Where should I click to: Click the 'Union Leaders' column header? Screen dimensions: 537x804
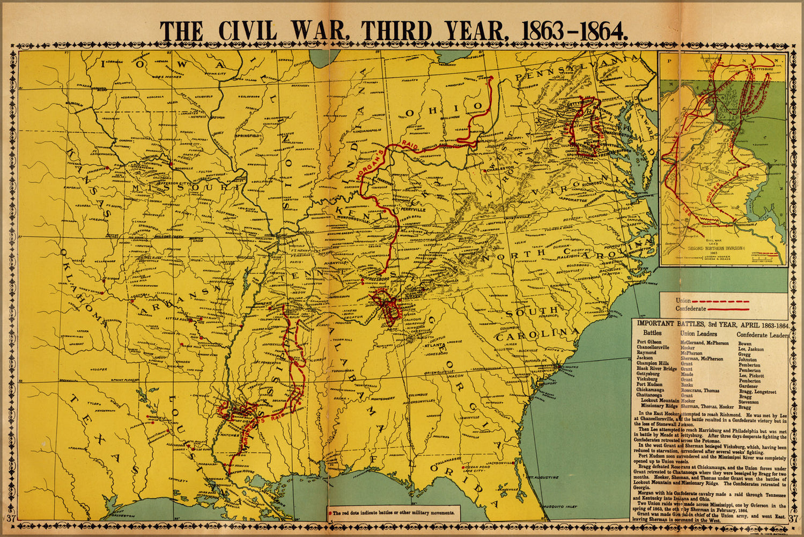698,334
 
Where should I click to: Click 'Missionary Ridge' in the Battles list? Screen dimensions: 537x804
657,407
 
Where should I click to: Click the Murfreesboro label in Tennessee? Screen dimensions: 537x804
367,279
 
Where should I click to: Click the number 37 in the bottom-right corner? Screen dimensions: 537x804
794,519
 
